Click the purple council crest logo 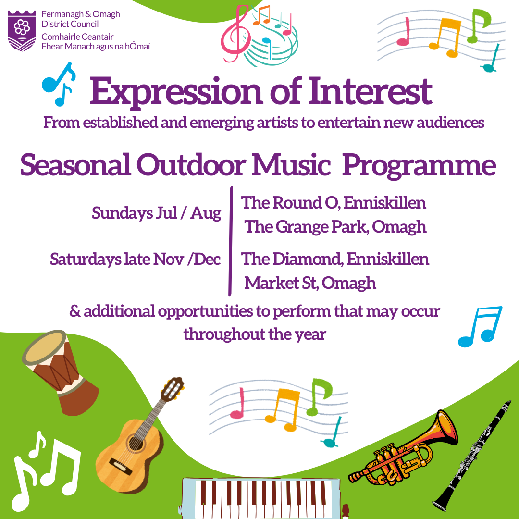(22, 30)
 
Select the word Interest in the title (371, 90)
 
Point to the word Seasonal (75, 164)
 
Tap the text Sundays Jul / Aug (156, 213)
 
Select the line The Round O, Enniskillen (334, 203)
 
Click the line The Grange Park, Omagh (335, 227)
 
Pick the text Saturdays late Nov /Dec (135, 259)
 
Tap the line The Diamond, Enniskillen (334, 259)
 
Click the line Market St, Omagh (310, 284)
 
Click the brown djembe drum (61, 372)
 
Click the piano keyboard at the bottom (261, 498)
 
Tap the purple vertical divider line (230, 241)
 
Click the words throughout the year (255, 334)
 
